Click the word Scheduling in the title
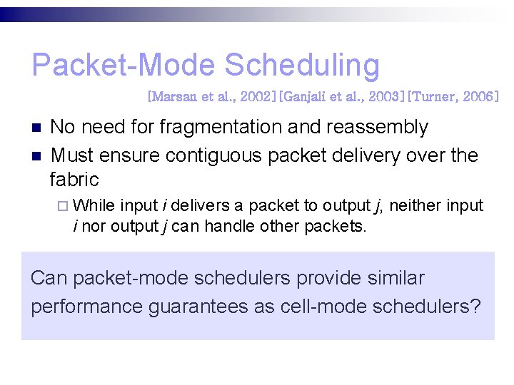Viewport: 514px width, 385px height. coord(302,66)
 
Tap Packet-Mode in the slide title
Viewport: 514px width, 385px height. coord(123,66)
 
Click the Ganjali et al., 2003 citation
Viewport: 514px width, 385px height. coord(331,96)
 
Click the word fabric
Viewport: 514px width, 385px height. coord(74,179)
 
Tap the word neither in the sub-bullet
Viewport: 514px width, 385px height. coord(417,206)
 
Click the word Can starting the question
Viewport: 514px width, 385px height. coord(49,278)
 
